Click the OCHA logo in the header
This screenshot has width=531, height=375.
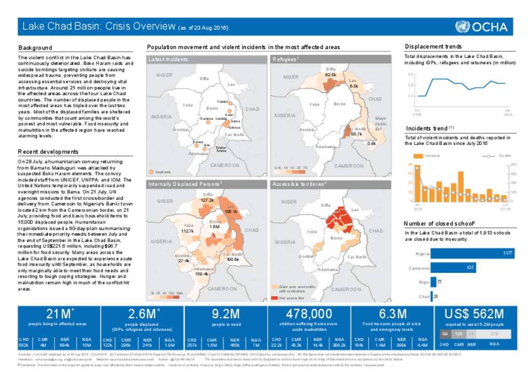point(483,26)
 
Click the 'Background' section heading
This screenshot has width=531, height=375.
point(35,48)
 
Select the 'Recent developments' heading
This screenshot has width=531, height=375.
point(48,152)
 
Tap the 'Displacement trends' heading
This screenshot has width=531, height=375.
point(433,47)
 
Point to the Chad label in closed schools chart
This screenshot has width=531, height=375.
point(424,297)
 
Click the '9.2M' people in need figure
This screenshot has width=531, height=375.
point(226,314)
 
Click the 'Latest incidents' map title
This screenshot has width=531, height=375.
point(168,60)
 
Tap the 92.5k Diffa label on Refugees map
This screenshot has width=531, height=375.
point(330,75)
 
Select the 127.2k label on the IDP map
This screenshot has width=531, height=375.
point(207,200)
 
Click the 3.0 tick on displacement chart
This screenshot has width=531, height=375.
point(410,75)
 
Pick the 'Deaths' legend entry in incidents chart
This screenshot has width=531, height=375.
point(501,156)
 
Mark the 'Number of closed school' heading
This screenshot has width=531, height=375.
point(439,223)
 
